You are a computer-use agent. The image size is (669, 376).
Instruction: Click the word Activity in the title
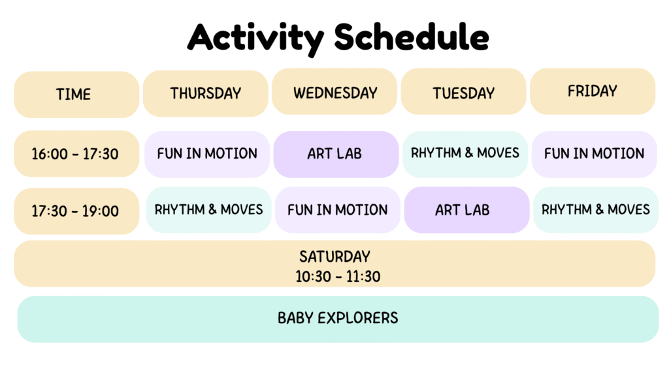[x=255, y=39]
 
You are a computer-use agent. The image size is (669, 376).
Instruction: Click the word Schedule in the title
[x=412, y=37]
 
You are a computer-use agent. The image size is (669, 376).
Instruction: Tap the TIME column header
[x=76, y=94]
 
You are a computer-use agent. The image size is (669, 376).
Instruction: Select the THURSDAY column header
[x=206, y=93]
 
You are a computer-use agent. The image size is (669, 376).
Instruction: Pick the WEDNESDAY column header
[x=334, y=91]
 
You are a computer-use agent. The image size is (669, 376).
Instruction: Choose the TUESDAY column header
[x=463, y=91]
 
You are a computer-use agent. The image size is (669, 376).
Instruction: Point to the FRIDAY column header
[x=593, y=91]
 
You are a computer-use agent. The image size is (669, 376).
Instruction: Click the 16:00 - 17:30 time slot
[x=76, y=154]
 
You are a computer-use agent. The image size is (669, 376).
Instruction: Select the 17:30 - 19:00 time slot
[x=76, y=211]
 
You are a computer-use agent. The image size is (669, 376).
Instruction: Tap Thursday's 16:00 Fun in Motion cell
[x=207, y=154]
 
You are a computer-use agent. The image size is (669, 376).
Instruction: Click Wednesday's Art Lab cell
[x=336, y=154]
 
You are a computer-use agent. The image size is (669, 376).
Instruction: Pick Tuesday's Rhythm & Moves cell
[x=465, y=154]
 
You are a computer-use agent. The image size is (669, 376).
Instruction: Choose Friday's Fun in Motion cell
[x=595, y=154]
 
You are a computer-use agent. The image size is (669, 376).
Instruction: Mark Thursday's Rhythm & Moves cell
[x=208, y=210]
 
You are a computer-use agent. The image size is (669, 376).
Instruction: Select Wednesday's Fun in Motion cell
[x=338, y=210]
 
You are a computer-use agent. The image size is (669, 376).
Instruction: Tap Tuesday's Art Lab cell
[x=466, y=210]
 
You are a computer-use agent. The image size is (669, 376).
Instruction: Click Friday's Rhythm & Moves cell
[x=596, y=210]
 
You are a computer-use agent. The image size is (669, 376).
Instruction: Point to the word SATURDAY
[x=335, y=257]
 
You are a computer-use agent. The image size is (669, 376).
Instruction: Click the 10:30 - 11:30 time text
[x=338, y=277]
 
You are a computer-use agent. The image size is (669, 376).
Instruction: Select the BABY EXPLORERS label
[x=338, y=318]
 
